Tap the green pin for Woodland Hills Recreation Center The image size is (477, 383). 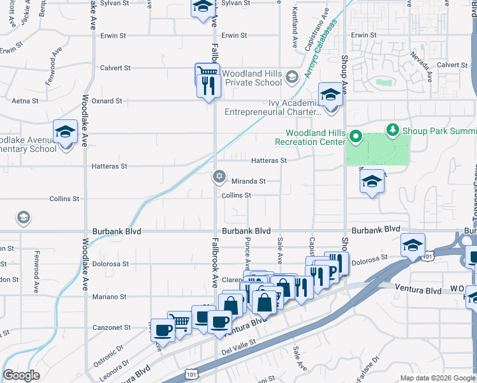357,137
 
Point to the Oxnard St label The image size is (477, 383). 106,101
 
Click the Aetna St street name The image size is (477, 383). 26,101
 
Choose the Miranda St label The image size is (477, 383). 247,181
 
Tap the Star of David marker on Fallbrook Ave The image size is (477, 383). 219,176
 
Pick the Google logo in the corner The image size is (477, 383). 21,375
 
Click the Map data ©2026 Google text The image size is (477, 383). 437,378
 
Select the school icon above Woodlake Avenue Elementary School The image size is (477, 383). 65,131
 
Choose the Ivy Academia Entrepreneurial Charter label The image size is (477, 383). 272,107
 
